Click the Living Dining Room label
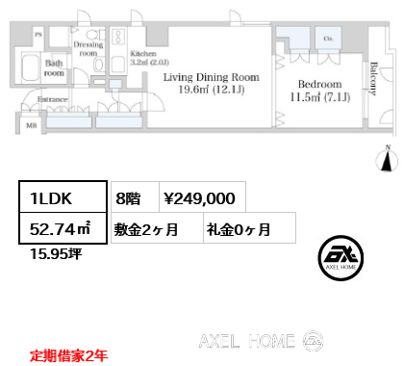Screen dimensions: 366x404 coord(211,77)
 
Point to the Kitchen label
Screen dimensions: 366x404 coord(143,54)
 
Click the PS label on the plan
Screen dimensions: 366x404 coord(38,36)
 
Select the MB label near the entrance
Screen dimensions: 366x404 coord(31,125)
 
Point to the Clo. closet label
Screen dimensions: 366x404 coord(327,39)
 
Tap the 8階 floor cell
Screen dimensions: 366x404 coord(128,199)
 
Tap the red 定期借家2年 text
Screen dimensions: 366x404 coord(68,354)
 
